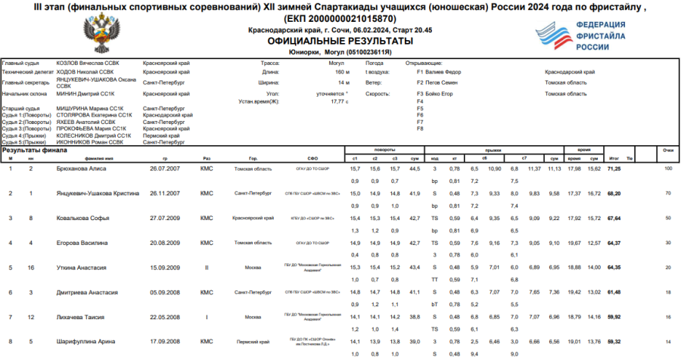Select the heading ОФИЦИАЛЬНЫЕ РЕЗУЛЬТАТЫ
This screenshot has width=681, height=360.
pyautogui.click(x=340, y=41)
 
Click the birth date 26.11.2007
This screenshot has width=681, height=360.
pyautogui.click(x=164, y=194)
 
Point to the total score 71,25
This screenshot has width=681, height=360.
pyautogui.click(x=614, y=169)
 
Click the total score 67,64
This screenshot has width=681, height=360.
pyautogui.click(x=614, y=218)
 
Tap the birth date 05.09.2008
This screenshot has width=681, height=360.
pyautogui.click(x=164, y=292)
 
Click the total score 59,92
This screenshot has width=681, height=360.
pyautogui.click(x=614, y=317)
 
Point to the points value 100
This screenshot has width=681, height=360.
pyautogui.click(x=668, y=169)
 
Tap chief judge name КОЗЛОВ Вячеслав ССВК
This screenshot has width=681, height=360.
pyautogui.click(x=87, y=64)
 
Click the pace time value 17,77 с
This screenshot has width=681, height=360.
pyautogui.click(x=339, y=101)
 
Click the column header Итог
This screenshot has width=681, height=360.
pyautogui.click(x=614, y=159)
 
